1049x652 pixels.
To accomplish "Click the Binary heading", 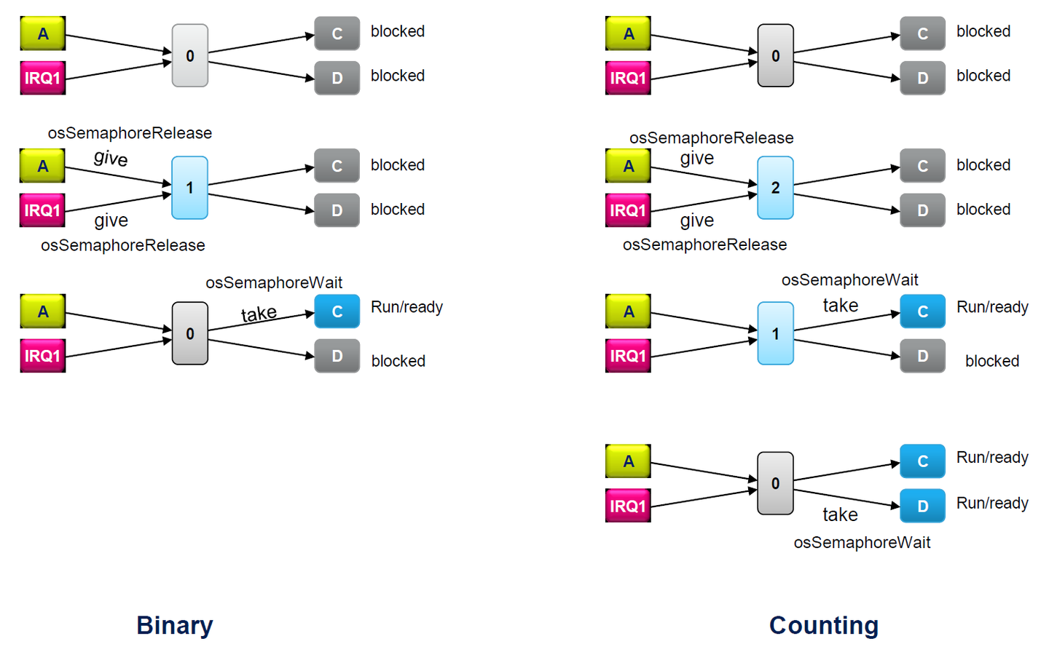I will pyautogui.click(x=175, y=625).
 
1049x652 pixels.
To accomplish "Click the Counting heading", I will pyautogui.click(x=824, y=625).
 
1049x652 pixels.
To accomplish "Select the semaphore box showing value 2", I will pyautogui.click(x=775, y=188).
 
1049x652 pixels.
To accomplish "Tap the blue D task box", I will pyautogui.click(x=922, y=506).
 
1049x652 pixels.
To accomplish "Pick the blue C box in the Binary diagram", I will pyautogui.click(x=337, y=311).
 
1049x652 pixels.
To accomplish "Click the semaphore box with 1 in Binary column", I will pyautogui.click(x=189, y=188).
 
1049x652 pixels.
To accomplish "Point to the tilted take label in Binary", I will pyautogui.click(x=259, y=314).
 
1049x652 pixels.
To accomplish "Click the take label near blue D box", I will pyautogui.click(x=840, y=514).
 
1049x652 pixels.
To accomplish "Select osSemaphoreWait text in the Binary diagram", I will pyautogui.click(x=274, y=282).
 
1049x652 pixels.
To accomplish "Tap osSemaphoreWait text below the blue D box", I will pyautogui.click(x=862, y=542).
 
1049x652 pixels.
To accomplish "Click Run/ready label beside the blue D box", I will pyautogui.click(x=992, y=503).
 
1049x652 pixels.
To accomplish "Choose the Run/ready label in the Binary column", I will pyautogui.click(x=406, y=307).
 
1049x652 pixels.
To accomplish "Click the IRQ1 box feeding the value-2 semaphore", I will pyautogui.click(x=627, y=210).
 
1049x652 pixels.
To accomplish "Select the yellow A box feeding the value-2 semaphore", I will pyautogui.click(x=628, y=166).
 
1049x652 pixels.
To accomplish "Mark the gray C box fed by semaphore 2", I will pyautogui.click(x=922, y=166).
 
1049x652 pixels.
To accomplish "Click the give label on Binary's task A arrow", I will pyautogui.click(x=111, y=158).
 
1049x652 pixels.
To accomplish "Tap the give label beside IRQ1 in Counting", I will pyautogui.click(x=696, y=220).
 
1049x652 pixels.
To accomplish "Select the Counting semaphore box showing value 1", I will pyautogui.click(x=775, y=333).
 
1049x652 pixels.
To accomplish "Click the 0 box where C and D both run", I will pyautogui.click(x=775, y=483).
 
